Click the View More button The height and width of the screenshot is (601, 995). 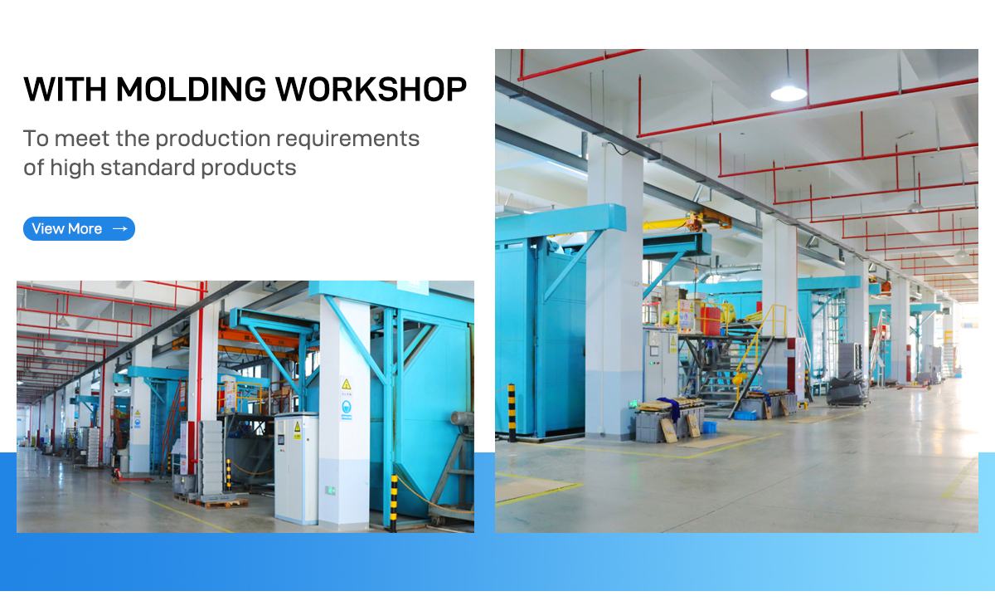pos(79,228)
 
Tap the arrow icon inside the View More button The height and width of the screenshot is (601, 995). pos(120,228)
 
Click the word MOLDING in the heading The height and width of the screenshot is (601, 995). pos(191,90)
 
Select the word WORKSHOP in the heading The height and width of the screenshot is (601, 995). pos(371,90)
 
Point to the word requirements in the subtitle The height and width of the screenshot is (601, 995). pos(347,139)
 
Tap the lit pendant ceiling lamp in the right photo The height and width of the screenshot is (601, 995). pos(789,91)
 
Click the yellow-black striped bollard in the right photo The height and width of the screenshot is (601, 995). pos(512,413)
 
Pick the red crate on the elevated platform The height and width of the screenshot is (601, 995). pos(711,320)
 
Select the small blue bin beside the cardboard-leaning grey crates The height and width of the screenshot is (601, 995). pos(710,427)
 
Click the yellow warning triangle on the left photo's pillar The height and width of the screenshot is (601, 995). pos(346,384)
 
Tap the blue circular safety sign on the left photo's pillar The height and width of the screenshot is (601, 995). pos(346,406)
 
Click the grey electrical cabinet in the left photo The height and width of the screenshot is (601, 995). pos(296,469)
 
